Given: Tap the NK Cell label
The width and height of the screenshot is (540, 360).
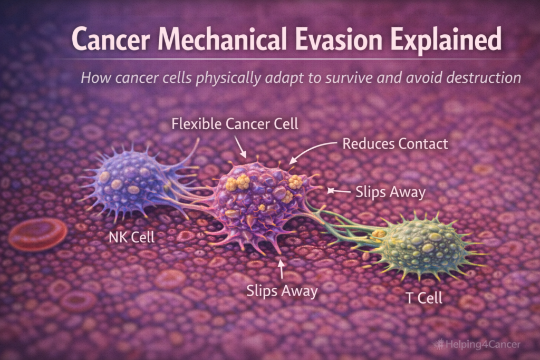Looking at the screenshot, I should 131,237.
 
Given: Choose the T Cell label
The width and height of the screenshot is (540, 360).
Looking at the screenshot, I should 423,298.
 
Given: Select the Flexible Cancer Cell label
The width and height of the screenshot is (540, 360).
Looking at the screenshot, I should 235,124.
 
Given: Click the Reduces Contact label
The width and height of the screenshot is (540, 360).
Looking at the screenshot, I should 396,143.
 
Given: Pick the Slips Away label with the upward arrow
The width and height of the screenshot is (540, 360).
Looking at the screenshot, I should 282,290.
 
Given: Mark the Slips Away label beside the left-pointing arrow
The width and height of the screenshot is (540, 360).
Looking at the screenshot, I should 390,192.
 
